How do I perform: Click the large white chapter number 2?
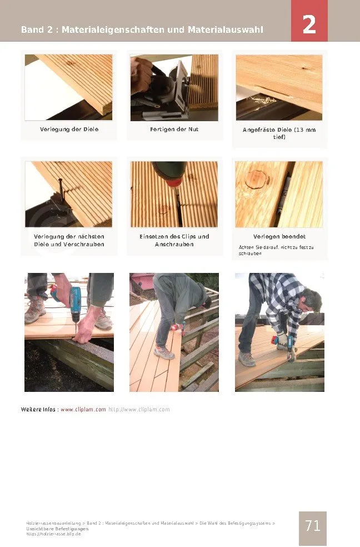click(309, 24)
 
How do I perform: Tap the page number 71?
click(313, 525)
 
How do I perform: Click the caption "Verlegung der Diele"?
click(69, 129)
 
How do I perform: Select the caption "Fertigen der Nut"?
click(174, 129)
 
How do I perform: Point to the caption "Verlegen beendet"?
click(279, 236)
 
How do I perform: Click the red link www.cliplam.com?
click(83, 410)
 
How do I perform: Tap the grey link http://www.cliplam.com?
click(139, 410)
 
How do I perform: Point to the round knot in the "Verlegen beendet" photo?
click(257, 179)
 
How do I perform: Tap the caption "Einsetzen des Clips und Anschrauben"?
click(174, 240)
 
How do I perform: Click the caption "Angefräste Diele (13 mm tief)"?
click(279, 133)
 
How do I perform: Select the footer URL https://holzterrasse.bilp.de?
click(53, 534)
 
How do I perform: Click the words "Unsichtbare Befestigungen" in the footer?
click(57, 529)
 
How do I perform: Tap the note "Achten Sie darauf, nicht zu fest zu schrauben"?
click(276, 250)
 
